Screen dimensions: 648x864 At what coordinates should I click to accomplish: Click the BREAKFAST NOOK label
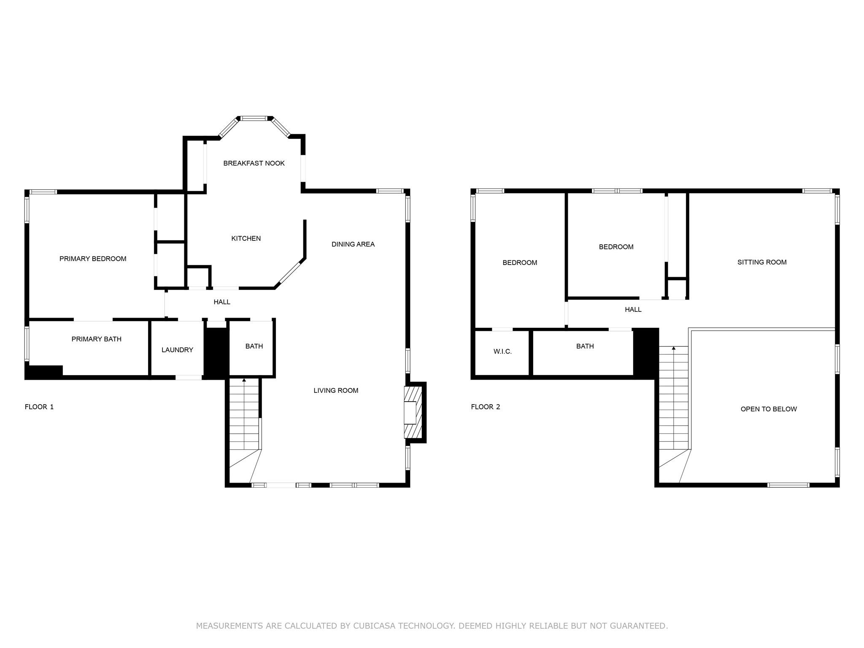pos(254,163)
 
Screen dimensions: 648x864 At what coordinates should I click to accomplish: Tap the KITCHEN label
pos(246,238)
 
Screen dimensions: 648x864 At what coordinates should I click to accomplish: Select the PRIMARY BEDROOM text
pos(93,259)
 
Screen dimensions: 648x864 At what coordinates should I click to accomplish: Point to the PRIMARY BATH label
pos(96,339)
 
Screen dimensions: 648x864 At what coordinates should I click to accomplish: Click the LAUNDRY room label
pos(177,350)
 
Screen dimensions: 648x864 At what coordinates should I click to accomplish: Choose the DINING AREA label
pos(353,244)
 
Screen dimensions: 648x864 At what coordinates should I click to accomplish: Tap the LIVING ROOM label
pos(336,390)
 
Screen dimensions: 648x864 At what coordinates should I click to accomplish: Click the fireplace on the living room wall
pos(413,412)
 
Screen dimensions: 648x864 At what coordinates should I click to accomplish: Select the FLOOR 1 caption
pos(39,407)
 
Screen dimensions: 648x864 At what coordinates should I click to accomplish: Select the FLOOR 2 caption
pos(485,407)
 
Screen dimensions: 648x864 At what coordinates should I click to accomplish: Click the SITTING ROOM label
pos(761,262)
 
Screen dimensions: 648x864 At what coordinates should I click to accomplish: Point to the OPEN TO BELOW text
pos(768,409)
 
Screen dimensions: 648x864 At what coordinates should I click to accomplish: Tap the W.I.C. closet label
pos(502,351)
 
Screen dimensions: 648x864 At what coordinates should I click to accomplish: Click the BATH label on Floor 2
pos(585,346)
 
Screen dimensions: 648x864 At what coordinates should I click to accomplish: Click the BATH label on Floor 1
pos(254,346)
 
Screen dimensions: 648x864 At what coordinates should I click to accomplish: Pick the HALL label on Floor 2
pos(633,309)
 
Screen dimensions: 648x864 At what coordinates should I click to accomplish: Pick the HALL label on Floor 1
pos(222,302)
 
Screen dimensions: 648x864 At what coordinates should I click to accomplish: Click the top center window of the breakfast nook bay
pos(254,119)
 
